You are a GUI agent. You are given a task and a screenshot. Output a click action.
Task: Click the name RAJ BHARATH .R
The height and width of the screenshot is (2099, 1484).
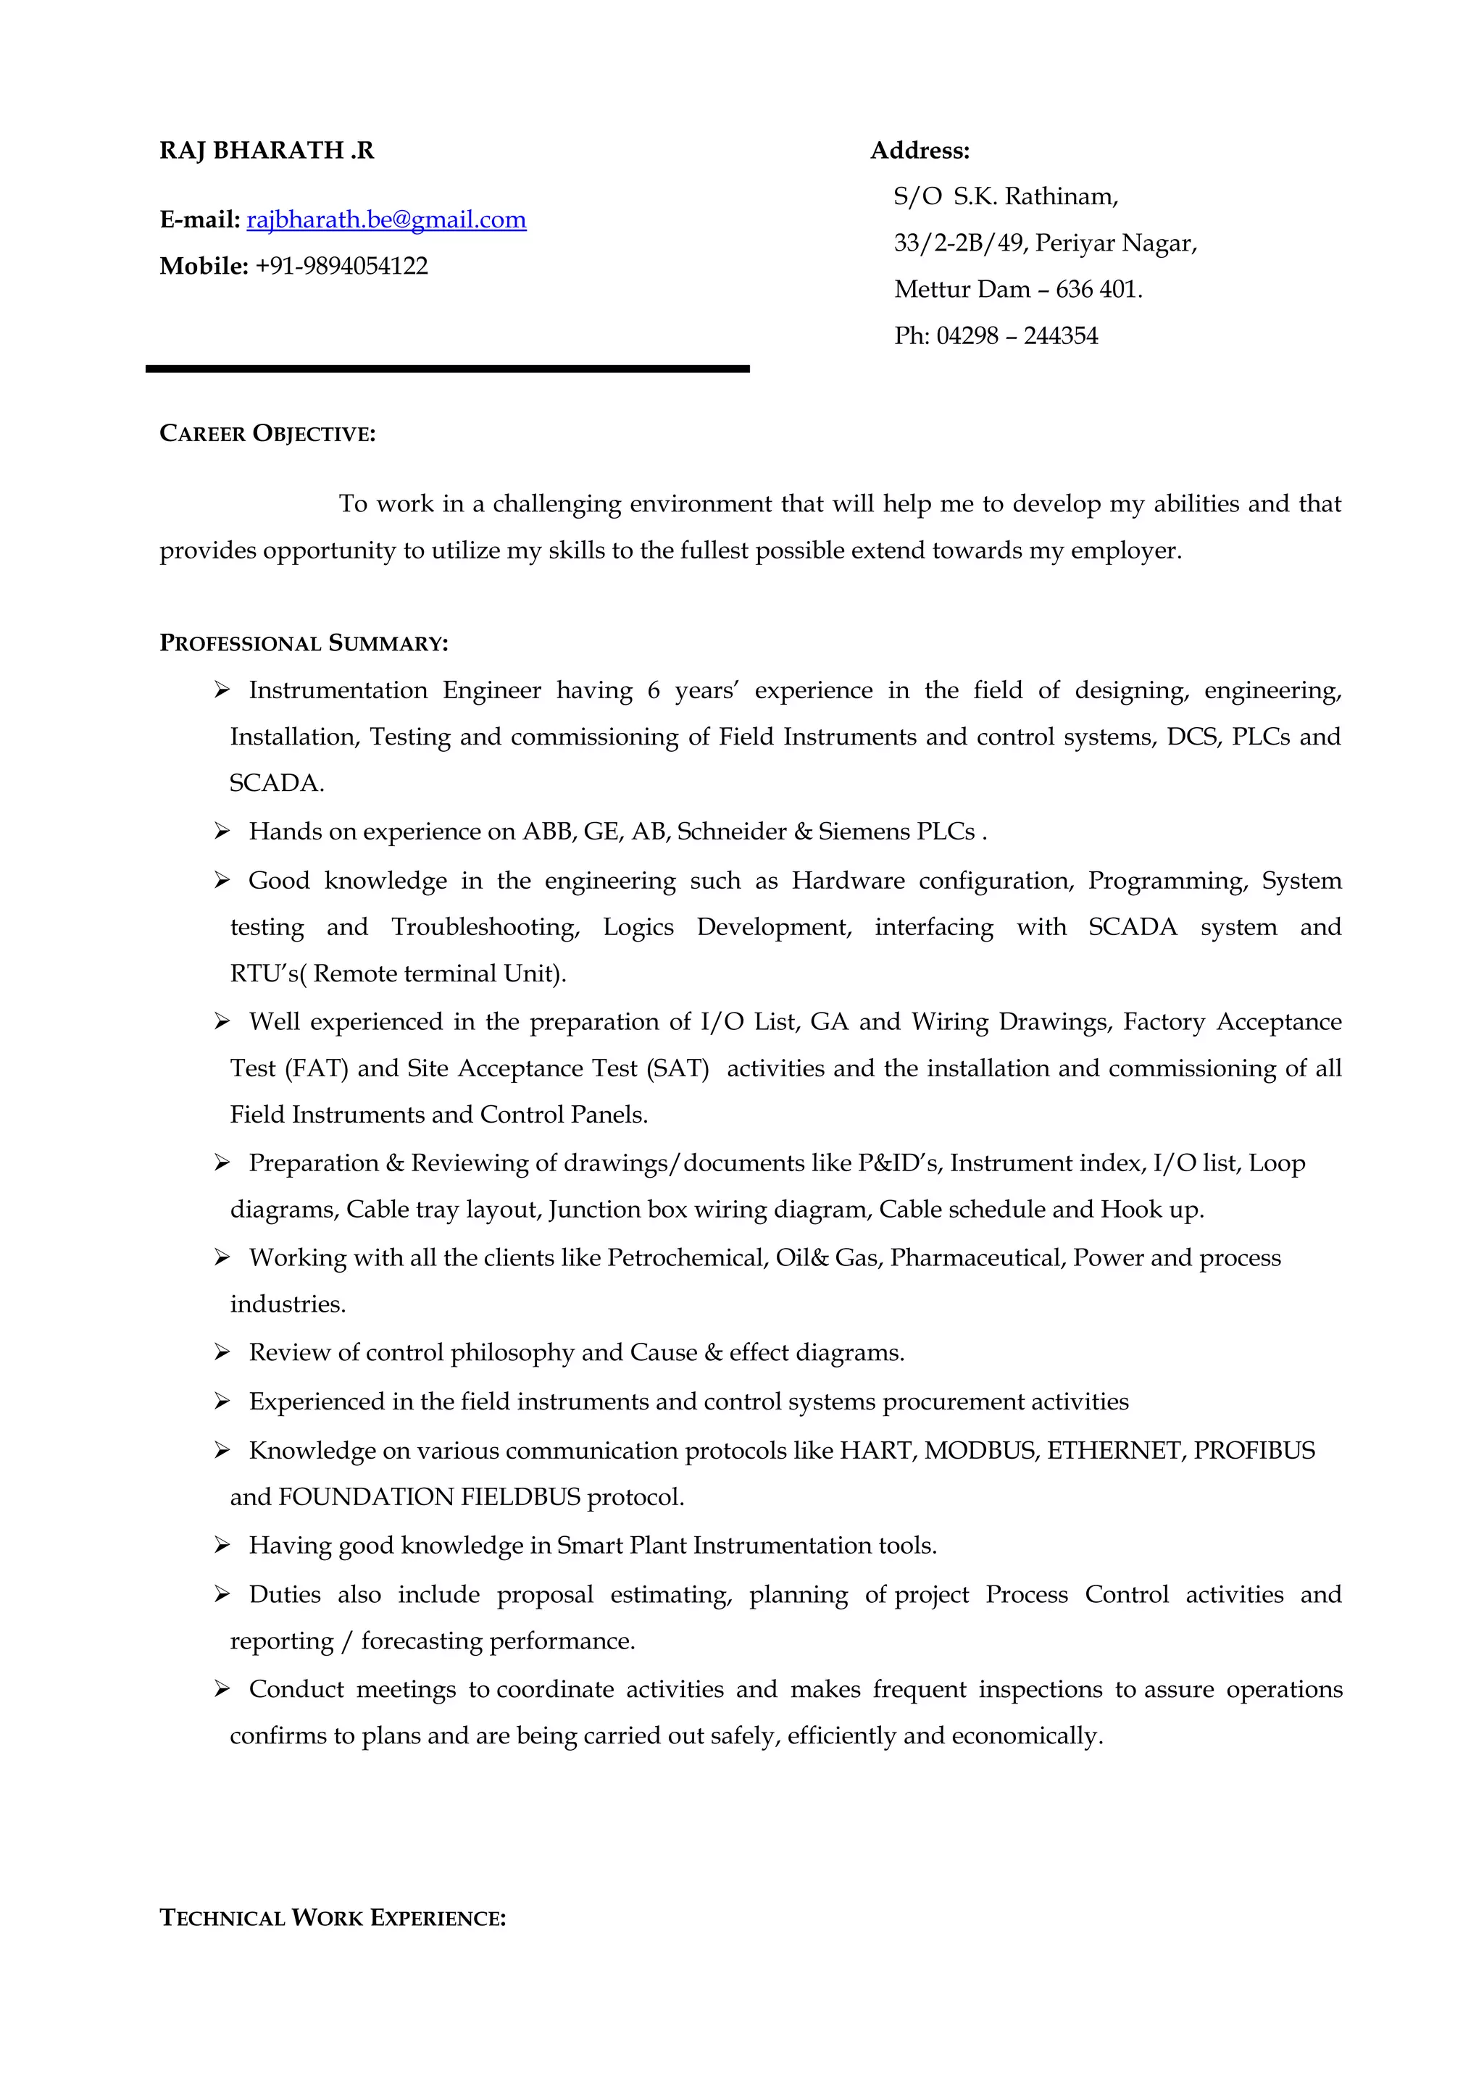coord(267,151)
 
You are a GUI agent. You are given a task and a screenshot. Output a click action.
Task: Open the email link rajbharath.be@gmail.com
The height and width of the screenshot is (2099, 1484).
coord(386,219)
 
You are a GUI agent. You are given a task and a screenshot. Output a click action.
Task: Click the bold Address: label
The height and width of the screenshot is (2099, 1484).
coord(920,151)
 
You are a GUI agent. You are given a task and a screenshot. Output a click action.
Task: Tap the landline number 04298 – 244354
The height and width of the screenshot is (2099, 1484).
coord(1017,336)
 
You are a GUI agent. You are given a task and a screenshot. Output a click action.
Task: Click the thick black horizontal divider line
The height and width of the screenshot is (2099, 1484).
coord(447,369)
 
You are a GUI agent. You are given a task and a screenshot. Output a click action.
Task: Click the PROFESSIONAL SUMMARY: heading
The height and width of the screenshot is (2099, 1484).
coord(304,644)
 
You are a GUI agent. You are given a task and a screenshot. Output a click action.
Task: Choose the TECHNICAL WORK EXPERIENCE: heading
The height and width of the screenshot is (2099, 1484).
coord(333,1918)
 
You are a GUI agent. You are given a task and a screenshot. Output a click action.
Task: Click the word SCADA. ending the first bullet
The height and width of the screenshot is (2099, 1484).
coord(277,784)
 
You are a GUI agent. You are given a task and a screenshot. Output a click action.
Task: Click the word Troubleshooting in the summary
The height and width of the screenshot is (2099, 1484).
coord(485,927)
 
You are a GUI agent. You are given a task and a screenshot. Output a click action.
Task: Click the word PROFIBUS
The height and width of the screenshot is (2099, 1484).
coord(1254,1451)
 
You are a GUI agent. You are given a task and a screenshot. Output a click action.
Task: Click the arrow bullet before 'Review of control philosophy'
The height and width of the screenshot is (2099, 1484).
coord(221,1352)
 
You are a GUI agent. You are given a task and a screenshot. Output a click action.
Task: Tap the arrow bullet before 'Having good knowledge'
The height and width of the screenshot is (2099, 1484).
coord(221,1545)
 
